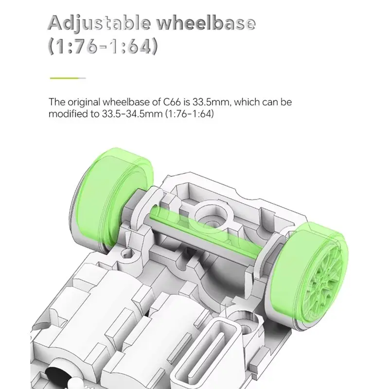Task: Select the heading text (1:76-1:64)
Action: click(103, 46)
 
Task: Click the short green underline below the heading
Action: click(68, 78)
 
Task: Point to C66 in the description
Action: click(172, 102)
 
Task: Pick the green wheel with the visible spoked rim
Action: click(310, 273)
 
